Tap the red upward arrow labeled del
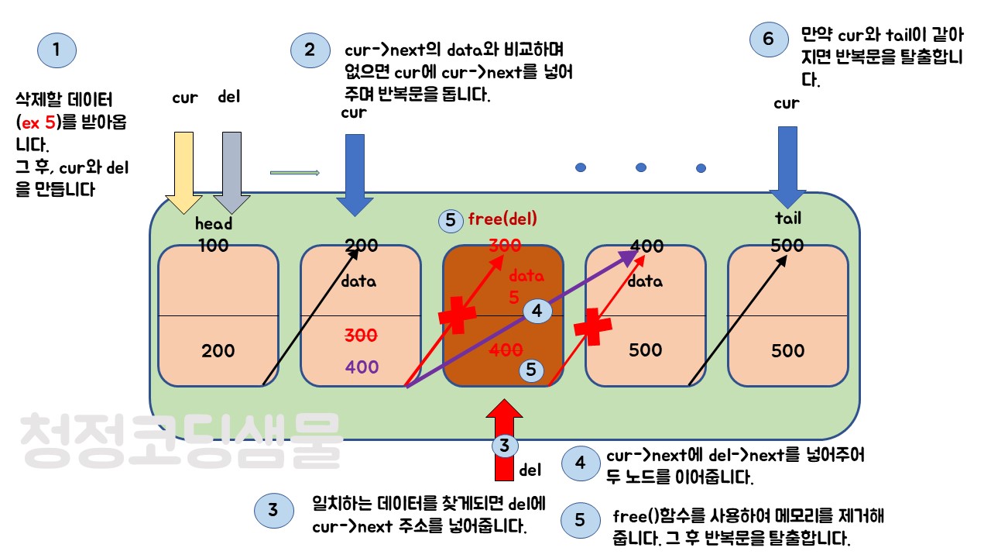(504, 439)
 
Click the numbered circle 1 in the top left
(57, 50)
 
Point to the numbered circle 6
(768, 40)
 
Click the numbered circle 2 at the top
(310, 50)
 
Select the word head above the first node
(214, 224)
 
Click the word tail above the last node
(788, 218)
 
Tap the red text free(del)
(502, 219)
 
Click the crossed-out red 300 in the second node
(361, 336)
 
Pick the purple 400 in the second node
(362, 367)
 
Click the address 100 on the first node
(213, 246)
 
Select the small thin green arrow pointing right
(295, 173)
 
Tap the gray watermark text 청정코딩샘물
(181, 439)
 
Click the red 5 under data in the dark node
(514, 297)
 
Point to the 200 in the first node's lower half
(218, 350)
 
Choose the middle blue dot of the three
(641, 167)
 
